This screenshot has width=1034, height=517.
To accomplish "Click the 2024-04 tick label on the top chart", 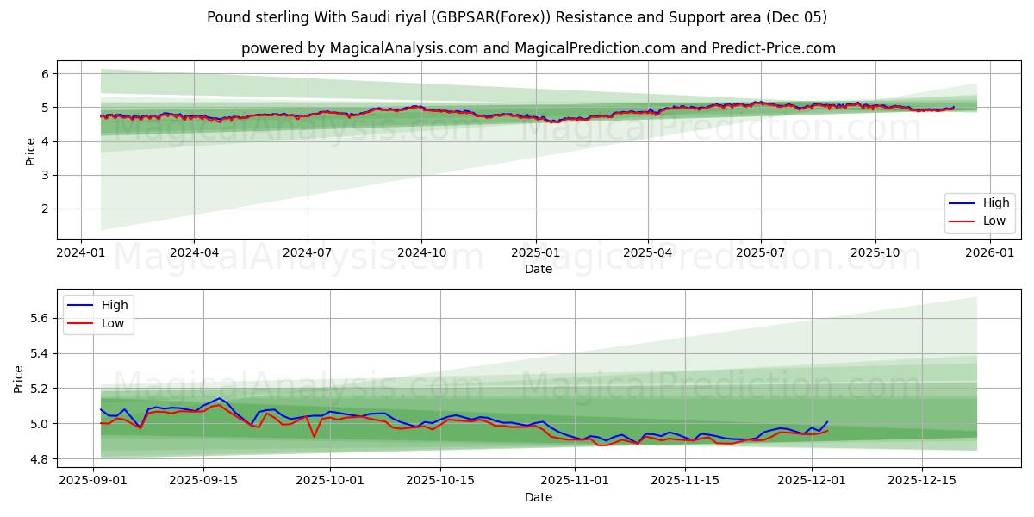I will pos(193,253).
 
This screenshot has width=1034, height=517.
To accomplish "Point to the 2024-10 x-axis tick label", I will pos(421,253).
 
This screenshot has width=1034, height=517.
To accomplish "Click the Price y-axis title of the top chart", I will pos(31,150).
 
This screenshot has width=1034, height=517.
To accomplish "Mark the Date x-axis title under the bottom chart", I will pos(539,497).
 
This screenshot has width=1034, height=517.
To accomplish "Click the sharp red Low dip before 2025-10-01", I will pos(314,436).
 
